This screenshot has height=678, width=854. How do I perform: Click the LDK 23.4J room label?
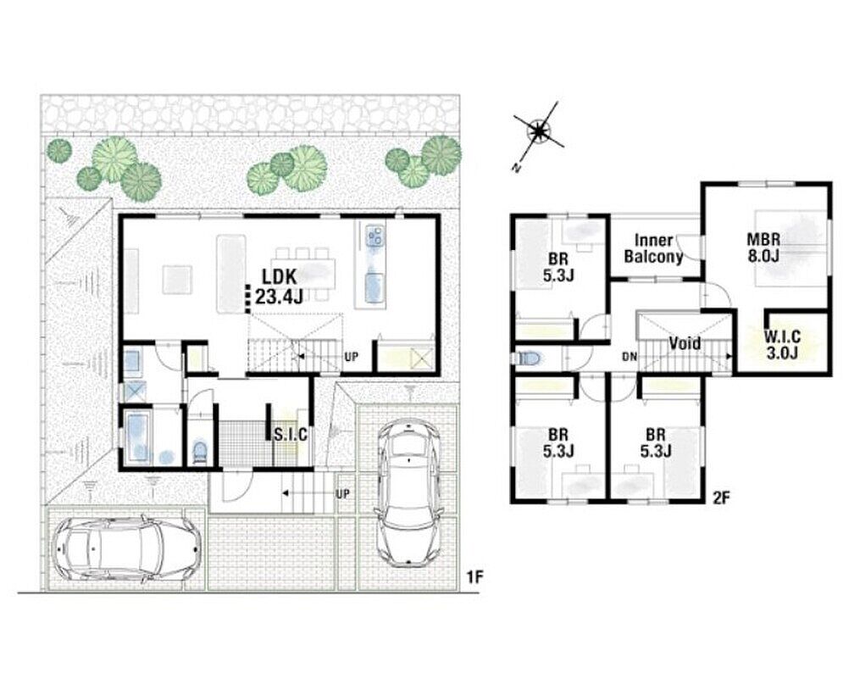tap(279, 286)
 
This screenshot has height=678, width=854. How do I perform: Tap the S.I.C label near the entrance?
tap(291, 435)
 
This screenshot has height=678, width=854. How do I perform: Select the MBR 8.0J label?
tap(763, 247)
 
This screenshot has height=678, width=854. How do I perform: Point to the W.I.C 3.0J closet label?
tap(782, 344)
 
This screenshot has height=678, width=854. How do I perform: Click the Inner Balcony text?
tap(653, 248)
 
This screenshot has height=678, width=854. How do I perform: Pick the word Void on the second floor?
tap(685, 343)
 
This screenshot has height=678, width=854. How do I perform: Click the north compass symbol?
tap(539, 131)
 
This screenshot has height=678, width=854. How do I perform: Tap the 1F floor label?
tap(475, 577)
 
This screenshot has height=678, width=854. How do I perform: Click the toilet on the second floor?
tap(528, 358)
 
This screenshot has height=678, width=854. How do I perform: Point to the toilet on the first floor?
tap(201, 452)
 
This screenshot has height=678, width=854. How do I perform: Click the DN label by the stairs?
tap(629, 358)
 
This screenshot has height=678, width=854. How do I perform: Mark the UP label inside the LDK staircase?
tap(352, 357)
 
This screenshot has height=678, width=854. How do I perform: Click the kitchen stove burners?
tap(374, 236)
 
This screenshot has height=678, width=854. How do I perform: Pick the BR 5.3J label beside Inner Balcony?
tap(558, 267)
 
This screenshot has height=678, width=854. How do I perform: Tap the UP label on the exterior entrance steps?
tap(342, 494)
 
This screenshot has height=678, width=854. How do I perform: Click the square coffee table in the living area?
tap(177, 279)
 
